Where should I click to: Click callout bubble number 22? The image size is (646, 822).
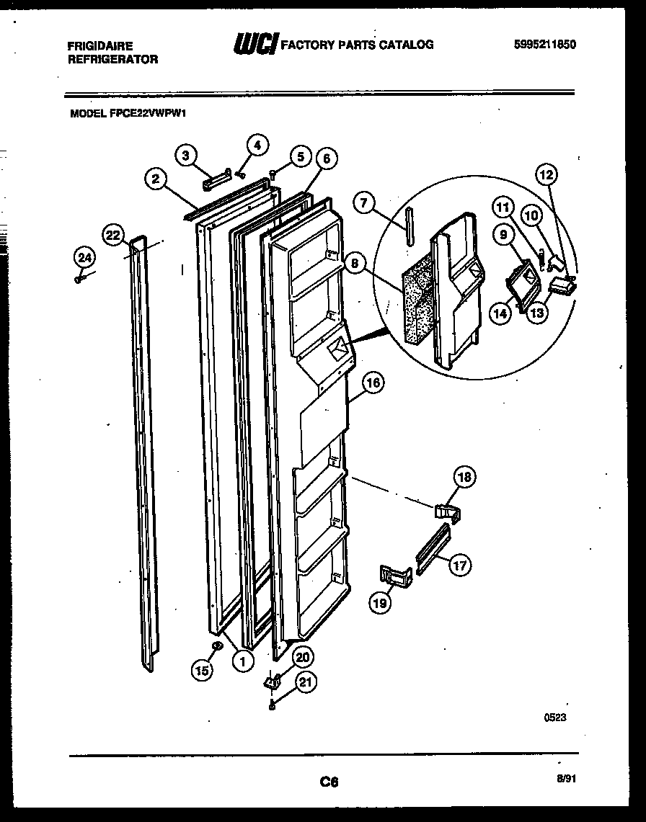coord(112,236)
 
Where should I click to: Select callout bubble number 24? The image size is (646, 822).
coord(84,256)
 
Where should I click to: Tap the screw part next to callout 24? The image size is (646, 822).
coord(79,278)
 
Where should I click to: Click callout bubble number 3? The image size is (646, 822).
coord(186,155)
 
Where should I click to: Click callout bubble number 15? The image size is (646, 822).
coord(203,670)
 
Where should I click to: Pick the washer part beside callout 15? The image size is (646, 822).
coord(216,646)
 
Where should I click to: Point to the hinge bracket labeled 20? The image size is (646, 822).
coord(273,681)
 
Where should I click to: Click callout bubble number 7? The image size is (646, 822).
coord(366,204)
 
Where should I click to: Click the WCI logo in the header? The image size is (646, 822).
coord(255,45)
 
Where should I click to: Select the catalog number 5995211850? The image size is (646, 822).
coord(546,45)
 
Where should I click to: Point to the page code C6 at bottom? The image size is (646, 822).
coord(329,782)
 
